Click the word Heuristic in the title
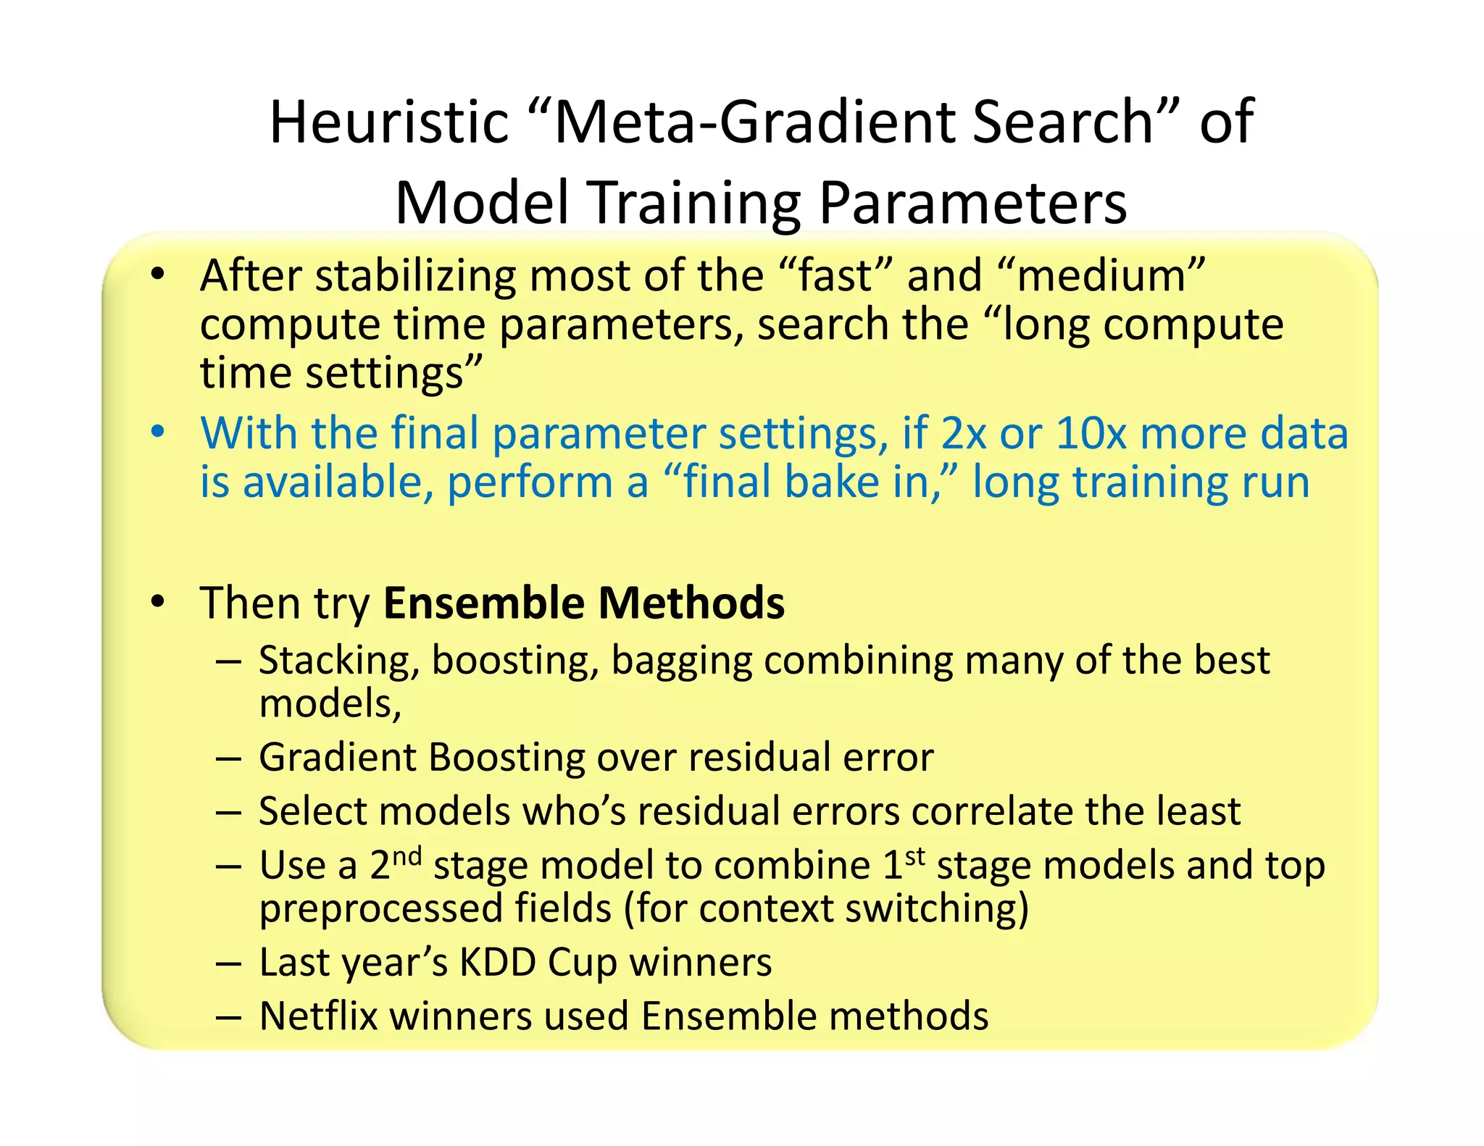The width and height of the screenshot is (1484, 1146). (389, 122)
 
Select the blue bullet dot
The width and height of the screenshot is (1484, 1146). (157, 432)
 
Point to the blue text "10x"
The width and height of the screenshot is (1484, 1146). (1091, 433)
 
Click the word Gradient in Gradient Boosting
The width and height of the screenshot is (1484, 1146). (337, 758)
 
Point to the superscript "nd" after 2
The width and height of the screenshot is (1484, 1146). (407, 856)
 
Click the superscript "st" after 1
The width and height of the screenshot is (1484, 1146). (915, 856)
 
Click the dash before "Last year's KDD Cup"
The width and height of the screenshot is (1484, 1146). (228, 964)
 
